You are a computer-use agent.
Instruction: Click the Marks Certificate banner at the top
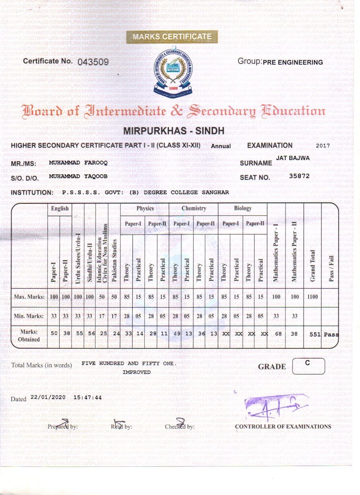tap(172, 37)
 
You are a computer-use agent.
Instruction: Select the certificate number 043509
tap(93, 62)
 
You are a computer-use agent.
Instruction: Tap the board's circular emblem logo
tap(173, 73)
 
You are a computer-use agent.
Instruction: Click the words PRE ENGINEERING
tap(293, 62)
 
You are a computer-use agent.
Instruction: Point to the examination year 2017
tap(323, 146)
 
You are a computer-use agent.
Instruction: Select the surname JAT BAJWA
tap(293, 158)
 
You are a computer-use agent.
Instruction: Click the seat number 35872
tap(299, 176)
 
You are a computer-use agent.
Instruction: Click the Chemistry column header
tap(194, 208)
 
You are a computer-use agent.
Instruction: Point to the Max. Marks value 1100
tap(312, 297)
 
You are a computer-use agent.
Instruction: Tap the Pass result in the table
tap(331, 335)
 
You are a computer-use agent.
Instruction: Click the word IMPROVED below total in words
tap(137, 372)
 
